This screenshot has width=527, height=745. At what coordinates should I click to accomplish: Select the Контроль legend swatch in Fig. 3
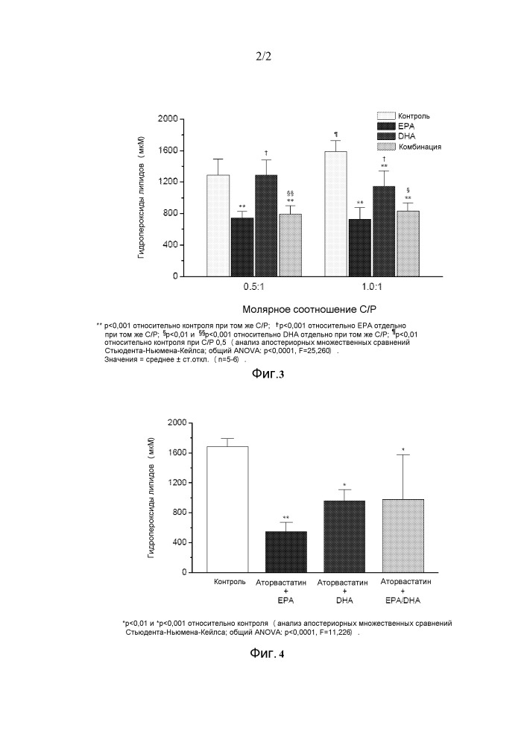click(385, 116)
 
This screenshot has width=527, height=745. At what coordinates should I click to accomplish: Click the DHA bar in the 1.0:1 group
click(384, 231)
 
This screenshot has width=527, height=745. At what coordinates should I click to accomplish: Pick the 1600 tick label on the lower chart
click(174, 453)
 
